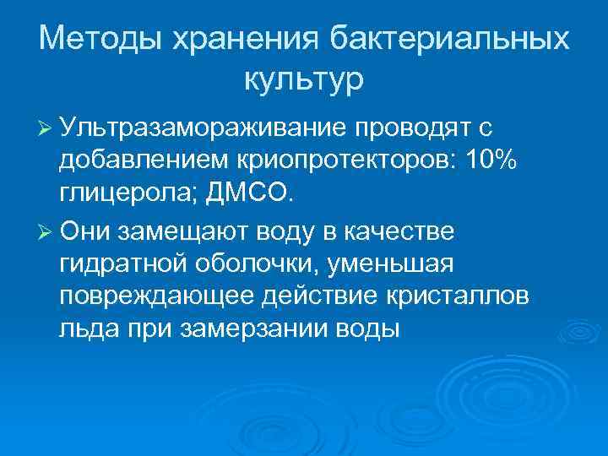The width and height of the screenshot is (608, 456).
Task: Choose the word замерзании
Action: pos(256,331)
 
